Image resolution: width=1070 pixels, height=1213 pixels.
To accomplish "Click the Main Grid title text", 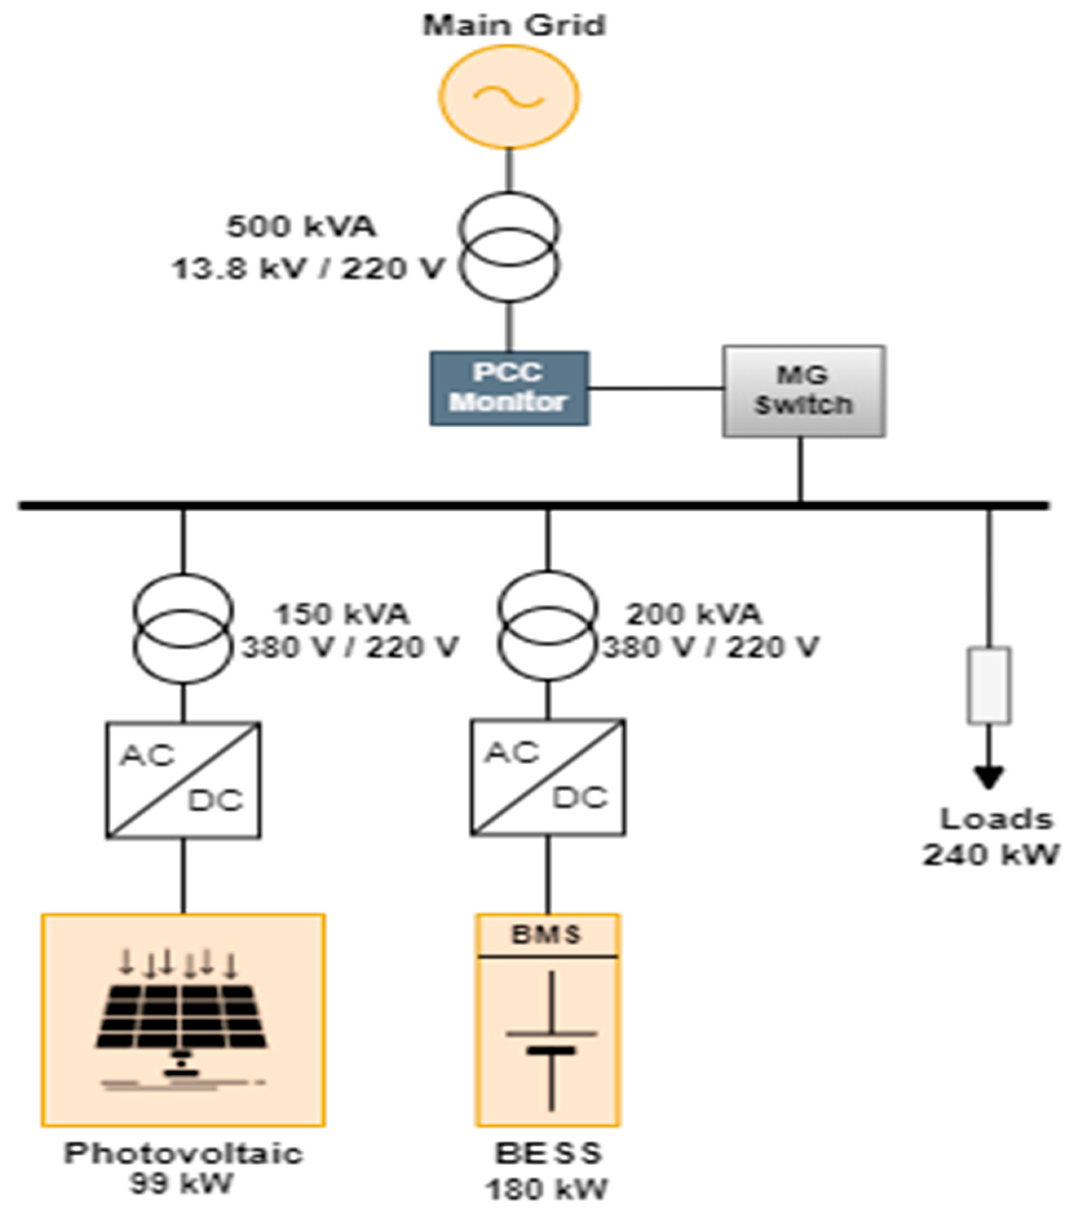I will pos(514,26).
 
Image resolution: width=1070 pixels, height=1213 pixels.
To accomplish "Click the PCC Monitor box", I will pos(509,388).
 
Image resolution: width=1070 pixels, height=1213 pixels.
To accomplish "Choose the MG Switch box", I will pos(804,391).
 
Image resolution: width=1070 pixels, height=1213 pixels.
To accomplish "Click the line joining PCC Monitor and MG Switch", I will pos(656,389).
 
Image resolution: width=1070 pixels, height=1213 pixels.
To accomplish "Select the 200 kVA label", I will pos(694,613).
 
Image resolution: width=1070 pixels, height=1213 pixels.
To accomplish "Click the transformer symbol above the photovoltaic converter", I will pos(183,629).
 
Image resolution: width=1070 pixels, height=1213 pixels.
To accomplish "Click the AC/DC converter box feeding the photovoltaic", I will pos(183,780).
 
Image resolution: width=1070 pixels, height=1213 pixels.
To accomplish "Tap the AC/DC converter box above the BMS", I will pos(547,777).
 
